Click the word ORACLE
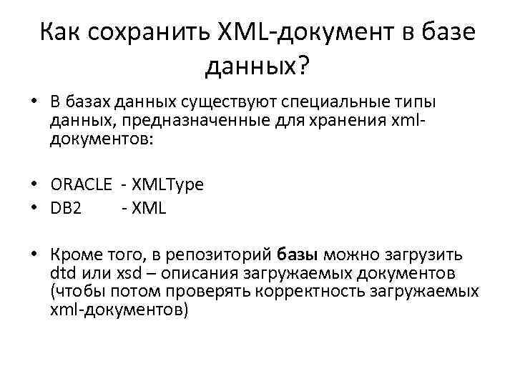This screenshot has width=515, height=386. point(82,184)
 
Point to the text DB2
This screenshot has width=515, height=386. point(66,208)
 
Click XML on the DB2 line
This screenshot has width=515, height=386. point(149,208)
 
